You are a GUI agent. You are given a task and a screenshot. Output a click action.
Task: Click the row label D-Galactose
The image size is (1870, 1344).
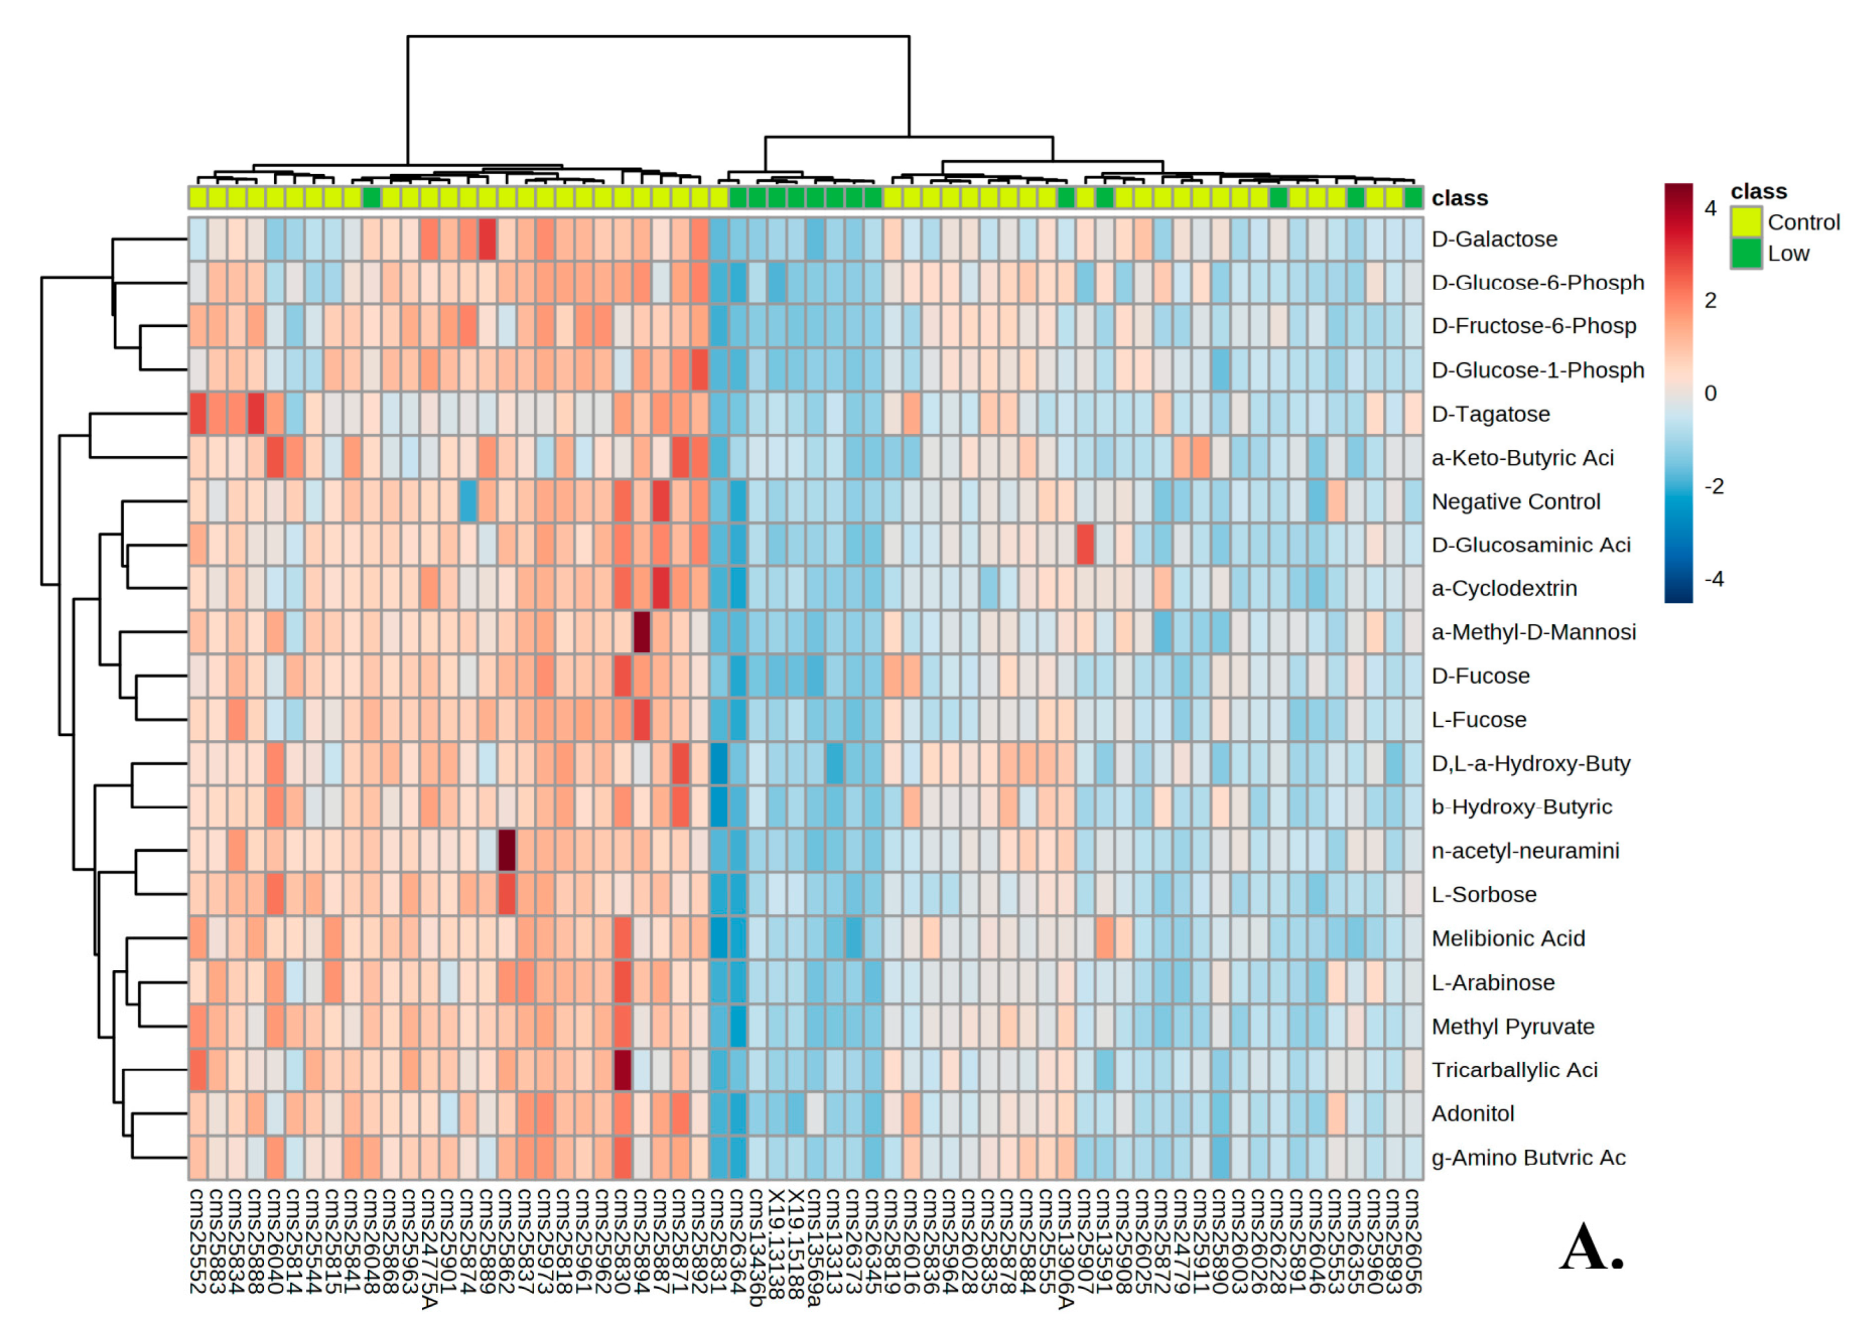(1494, 239)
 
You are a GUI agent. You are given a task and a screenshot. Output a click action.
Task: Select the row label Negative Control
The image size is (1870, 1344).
(1516, 502)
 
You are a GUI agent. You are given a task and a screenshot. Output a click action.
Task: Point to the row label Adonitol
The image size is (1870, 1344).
(1473, 1113)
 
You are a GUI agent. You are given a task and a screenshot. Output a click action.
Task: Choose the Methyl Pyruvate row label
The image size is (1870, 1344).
(1512, 1026)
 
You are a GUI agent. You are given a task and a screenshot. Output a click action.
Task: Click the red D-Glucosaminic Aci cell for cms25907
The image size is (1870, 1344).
(1085, 545)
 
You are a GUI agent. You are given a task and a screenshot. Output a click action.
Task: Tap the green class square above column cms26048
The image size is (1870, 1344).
(371, 198)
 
